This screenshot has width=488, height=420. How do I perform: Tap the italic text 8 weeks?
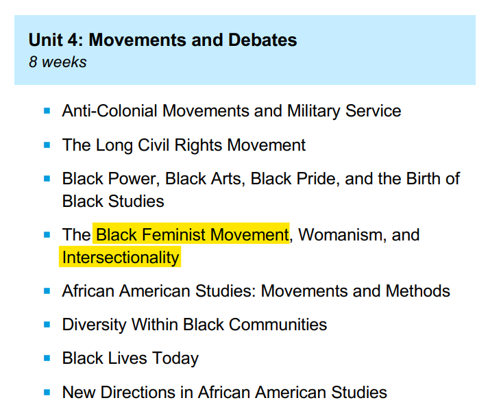point(58,62)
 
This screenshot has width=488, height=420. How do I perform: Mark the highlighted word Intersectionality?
point(121,257)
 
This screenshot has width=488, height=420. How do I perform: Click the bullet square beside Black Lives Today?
point(47,358)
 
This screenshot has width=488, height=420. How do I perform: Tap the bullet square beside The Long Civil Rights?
point(47,145)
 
